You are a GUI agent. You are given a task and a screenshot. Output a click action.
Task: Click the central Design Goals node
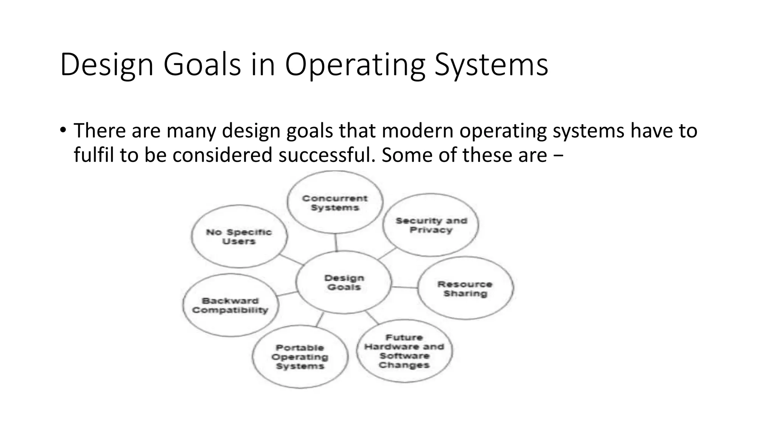(344, 282)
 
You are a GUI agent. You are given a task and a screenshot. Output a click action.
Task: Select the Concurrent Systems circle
(335, 202)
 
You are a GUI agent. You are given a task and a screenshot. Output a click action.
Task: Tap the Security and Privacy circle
(431, 225)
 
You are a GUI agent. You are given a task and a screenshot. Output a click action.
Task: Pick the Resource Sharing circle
(465, 288)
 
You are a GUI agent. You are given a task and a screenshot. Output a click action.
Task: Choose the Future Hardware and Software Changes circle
(404, 351)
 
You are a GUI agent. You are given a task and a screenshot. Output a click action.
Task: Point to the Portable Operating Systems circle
(300, 357)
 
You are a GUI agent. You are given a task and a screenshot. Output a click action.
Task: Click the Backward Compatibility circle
(230, 305)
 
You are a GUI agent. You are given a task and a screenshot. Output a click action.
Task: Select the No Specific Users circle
(239, 237)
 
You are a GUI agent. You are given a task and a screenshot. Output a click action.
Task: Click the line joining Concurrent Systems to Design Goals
(336, 242)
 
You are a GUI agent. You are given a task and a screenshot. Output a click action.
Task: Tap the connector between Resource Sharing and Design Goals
(404, 287)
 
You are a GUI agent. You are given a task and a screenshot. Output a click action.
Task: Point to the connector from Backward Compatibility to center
(287, 294)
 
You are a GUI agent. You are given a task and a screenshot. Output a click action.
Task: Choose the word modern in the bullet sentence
(417, 131)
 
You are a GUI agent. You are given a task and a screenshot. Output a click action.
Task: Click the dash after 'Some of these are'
(560, 156)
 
